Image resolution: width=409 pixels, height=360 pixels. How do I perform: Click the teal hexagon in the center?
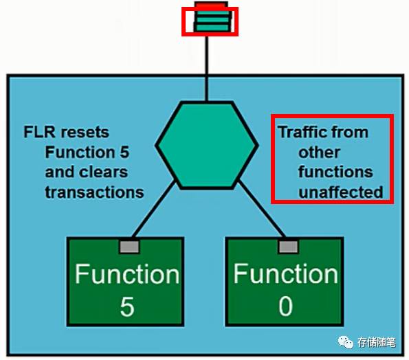206,144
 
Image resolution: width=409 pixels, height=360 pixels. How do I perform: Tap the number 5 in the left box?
127,306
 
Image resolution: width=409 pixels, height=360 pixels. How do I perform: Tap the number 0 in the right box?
285,306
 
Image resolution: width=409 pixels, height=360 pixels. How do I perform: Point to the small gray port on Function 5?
129,245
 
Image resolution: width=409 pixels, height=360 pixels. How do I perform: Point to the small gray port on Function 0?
287,245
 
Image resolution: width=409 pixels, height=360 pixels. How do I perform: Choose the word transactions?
94,192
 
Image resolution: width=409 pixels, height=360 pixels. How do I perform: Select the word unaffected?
340,192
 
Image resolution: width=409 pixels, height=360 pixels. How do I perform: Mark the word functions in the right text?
335,172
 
